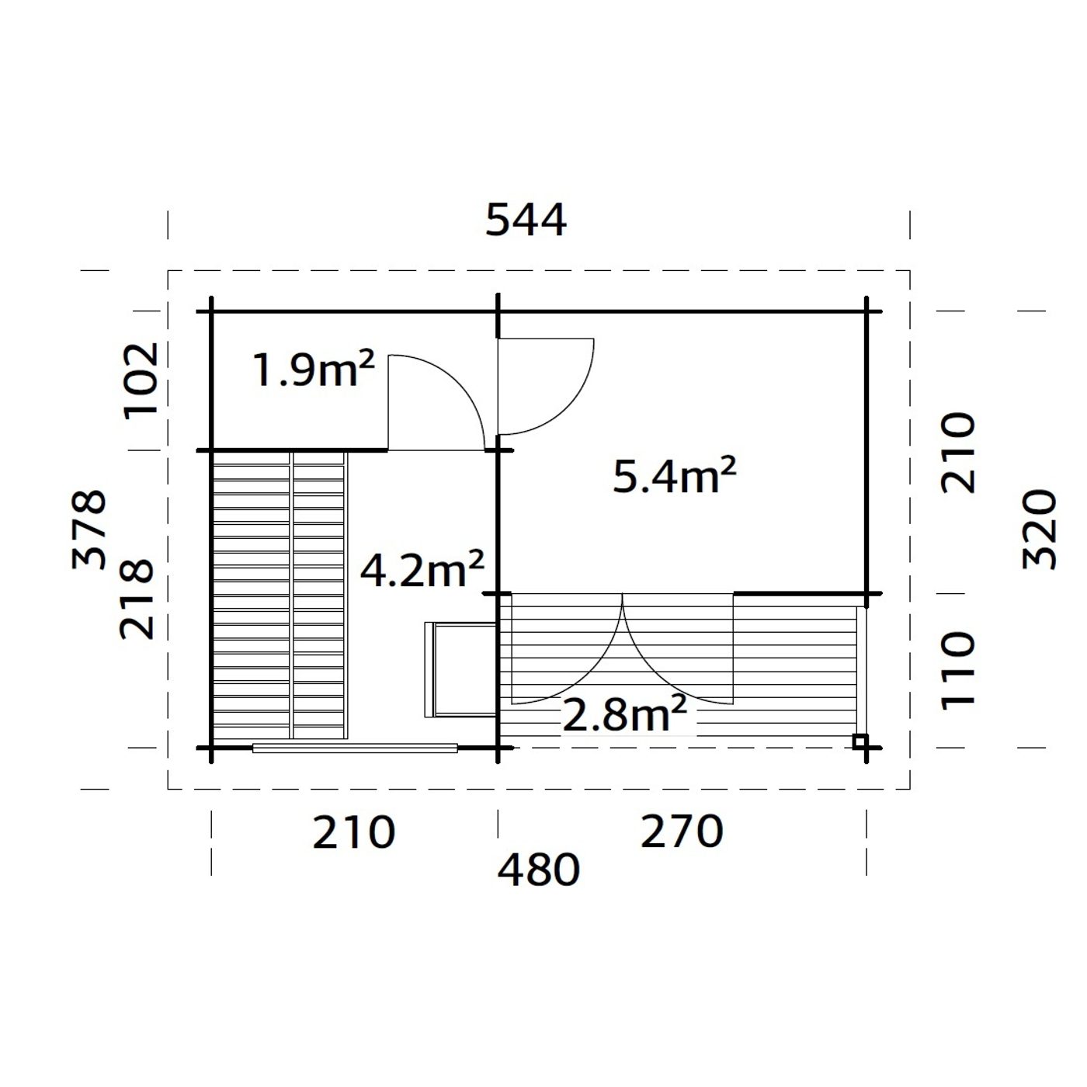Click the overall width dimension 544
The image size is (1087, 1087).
click(x=526, y=221)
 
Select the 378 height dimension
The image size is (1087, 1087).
click(x=90, y=530)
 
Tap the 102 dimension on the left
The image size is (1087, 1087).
click(x=142, y=380)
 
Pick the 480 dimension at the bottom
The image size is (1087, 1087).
click(x=538, y=870)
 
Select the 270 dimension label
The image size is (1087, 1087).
click(x=681, y=832)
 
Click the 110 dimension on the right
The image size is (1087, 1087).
click(x=958, y=669)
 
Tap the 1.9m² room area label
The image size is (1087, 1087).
click(x=314, y=370)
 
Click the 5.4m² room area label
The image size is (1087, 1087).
click(x=674, y=476)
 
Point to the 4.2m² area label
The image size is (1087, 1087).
click(x=422, y=571)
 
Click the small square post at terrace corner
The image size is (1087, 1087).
click(x=860, y=741)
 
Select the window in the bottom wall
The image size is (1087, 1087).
click(x=355, y=748)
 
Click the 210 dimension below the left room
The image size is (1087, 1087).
click(x=354, y=832)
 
